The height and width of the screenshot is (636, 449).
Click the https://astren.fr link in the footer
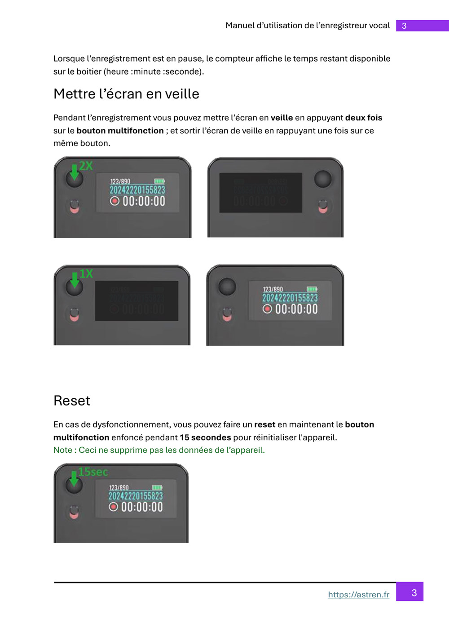(358, 594)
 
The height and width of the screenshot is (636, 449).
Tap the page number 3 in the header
(404, 26)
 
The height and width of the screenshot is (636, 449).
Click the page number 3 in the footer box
(414, 593)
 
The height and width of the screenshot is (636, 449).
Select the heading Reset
(72, 401)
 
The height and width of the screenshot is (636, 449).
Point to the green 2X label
(86, 166)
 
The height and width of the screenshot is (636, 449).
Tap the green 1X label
(86, 274)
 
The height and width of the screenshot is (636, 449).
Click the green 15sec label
(93, 472)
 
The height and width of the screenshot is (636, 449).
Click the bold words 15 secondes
(205, 437)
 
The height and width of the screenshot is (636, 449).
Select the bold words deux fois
(364, 118)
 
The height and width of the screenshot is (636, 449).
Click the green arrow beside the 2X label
(75, 172)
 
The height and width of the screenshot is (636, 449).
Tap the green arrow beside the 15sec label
(74, 479)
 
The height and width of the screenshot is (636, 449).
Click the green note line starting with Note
(159, 450)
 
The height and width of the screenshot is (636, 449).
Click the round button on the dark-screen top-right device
(323, 179)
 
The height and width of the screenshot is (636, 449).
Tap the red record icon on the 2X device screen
(114, 201)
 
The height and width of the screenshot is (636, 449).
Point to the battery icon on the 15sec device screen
(157, 487)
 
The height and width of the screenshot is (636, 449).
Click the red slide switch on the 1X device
(75, 315)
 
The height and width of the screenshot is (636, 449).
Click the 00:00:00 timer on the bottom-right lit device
(296, 309)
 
